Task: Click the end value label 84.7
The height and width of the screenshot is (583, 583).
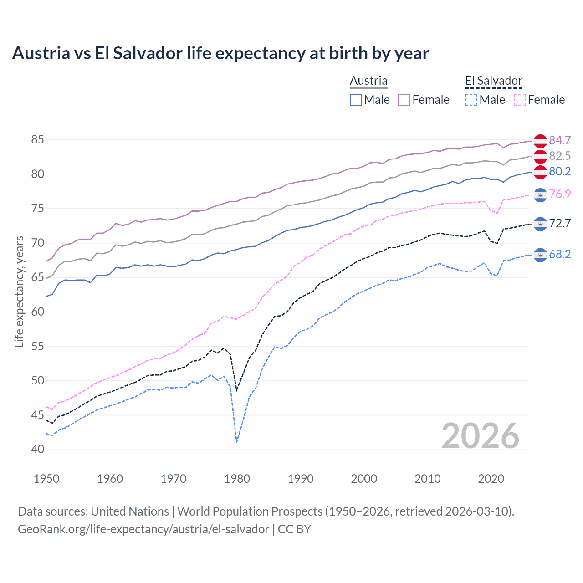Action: tap(560, 140)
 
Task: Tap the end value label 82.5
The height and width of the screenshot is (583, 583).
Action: tap(560, 156)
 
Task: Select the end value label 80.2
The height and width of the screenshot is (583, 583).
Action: tap(560, 171)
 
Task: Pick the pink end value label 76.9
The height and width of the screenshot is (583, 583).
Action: tap(560, 194)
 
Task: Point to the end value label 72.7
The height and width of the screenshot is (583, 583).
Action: tap(560, 224)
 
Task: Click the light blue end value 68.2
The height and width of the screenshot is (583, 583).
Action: tap(560, 254)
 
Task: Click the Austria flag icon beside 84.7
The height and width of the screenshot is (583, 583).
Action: tap(540, 141)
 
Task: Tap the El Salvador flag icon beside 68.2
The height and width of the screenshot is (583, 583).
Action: tap(540, 255)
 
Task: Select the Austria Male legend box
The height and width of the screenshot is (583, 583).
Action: tap(356, 100)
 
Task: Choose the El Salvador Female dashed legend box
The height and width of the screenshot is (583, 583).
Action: tap(520, 100)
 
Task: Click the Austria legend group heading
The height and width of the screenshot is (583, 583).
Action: tap(368, 81)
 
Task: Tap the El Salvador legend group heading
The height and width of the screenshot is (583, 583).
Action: tap(494, 81)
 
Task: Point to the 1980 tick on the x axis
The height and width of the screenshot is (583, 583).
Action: tap(237, 479)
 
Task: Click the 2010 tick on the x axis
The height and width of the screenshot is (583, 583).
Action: tap(427, 479)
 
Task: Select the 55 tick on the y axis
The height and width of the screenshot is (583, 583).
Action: tap(38, 346)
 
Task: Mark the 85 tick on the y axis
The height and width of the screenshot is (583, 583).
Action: tap(38, 140)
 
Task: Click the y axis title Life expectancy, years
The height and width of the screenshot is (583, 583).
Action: tap(19, 292)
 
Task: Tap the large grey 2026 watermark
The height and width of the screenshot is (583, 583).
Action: tap(481, 436)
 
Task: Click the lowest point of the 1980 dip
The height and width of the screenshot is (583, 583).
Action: tap(237, 442)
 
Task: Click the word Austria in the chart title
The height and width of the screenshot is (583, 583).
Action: tap(41, 53)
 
